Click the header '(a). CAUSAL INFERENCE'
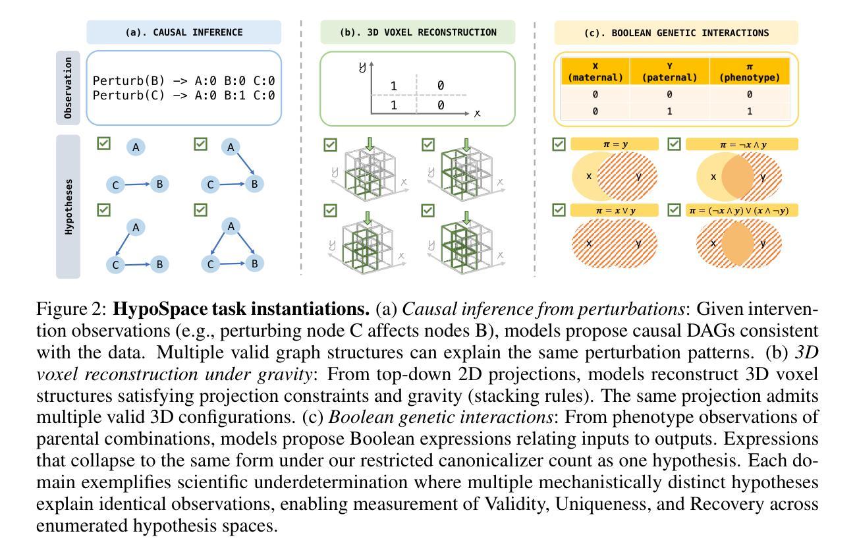click(184, 32)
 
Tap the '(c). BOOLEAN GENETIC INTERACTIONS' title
click(676, 32)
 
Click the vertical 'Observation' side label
click(69, 88)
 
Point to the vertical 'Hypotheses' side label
click(69, 207)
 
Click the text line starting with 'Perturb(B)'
click(183, 81)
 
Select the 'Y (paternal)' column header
click(669, 72)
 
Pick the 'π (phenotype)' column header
click(749, 72)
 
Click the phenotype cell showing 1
click(749, 111)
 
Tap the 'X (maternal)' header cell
click(595, 72)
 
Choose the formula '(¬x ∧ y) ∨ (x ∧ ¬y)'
click(742, 210)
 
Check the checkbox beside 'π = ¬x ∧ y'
click(674, 144)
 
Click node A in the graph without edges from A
click(136, 147)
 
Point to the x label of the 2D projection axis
click(477, 113)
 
